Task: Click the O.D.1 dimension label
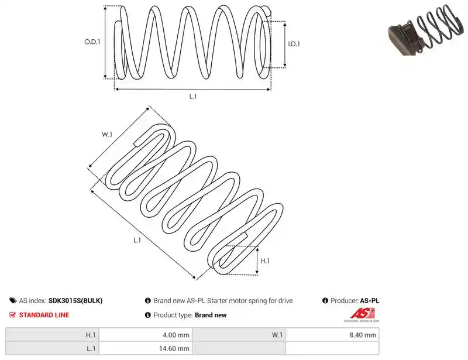pos(92,42)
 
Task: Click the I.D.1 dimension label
pos(294,44)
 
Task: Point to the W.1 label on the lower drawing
pos(107,135)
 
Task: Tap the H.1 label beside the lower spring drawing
pos(265,261)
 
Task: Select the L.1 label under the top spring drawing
pos(193,96)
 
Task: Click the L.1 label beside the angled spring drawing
pos(137,240)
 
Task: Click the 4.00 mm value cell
pos(146,335)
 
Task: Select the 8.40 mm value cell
pos(332,335)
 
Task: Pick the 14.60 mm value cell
pos(146,348)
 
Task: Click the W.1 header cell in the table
pos(239,335)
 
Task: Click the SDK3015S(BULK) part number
pos(75,300)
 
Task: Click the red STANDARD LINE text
pos(44,315)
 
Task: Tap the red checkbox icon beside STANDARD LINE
pos(12,314)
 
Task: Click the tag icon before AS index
pos(13,300)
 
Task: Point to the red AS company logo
pos(362,314)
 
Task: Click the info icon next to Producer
pos(325,300)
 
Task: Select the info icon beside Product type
pos(148,315)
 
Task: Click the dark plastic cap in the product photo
pos(403,38)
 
